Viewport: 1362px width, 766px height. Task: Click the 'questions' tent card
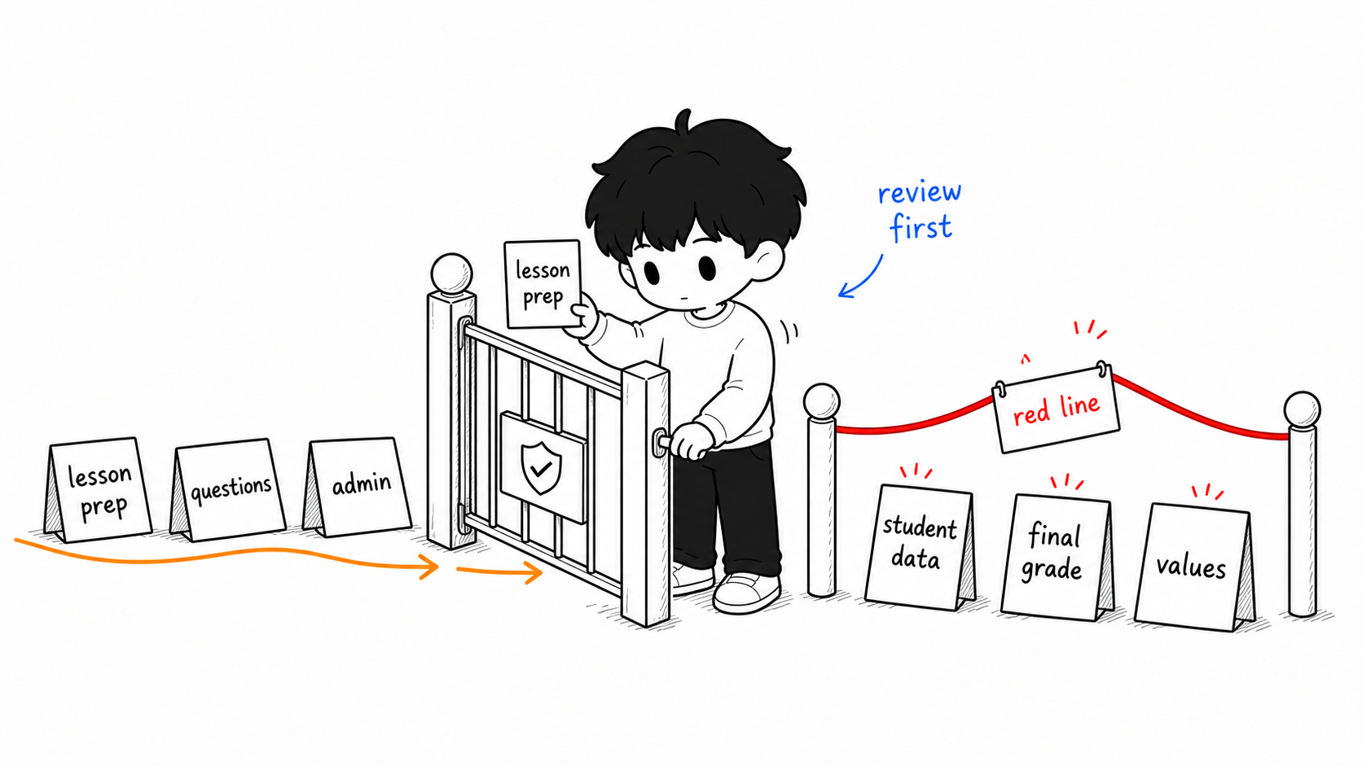228,489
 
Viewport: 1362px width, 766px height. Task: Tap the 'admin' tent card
358,486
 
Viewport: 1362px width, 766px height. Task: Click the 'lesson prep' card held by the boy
543,283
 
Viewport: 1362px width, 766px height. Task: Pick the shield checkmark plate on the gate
543,466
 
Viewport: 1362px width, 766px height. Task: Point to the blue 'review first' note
920,211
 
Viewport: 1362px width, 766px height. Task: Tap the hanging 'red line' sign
1056,409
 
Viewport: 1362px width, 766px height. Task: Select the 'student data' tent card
920,547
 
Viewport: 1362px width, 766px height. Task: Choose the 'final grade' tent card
1057,556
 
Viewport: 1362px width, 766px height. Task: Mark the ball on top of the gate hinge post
451,274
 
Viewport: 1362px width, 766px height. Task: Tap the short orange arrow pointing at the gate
499,571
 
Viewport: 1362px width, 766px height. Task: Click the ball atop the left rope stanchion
821,402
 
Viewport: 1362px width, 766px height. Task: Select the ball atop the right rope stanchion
1302,409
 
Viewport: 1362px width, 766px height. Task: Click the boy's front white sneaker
747,592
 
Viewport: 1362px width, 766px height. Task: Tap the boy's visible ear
767,260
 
